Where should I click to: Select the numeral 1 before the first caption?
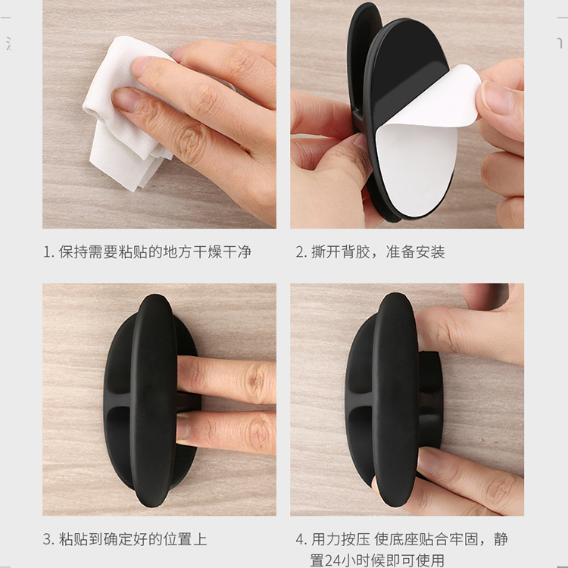pos(47,252)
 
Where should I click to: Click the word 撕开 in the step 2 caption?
pos(326,252)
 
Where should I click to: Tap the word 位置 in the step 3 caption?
pos(177,539)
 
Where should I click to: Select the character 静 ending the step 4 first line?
pos(501,539)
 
